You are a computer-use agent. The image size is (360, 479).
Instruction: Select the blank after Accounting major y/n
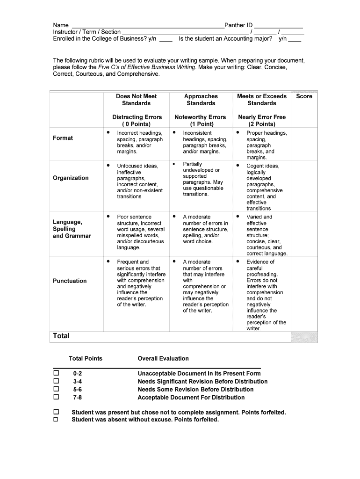point(295,41)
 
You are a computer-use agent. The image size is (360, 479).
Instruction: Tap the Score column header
point(304,96)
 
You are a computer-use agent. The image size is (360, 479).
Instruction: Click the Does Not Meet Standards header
point(137,100)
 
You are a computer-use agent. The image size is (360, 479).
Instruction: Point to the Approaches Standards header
point(201,100)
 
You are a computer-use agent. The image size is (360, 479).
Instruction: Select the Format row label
point(63,138)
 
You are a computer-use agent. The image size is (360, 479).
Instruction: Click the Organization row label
point(71,178)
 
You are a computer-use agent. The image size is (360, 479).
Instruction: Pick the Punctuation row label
point(70,281)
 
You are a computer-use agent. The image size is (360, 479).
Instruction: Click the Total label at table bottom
point(61,336)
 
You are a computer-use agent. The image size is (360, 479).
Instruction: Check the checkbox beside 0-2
point(57,373)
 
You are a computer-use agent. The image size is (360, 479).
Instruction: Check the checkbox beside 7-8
point(57,397)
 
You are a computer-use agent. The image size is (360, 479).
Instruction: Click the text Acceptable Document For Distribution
point(191,398)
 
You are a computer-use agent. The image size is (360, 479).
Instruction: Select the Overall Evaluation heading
point(163,358)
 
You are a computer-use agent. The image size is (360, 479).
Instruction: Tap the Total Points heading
point(86,358)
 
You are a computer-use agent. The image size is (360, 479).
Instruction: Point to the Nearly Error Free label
point(262,117)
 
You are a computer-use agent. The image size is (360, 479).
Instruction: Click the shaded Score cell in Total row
point(304,337)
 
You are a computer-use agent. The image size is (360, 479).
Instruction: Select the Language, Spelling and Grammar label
point(72,229)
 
